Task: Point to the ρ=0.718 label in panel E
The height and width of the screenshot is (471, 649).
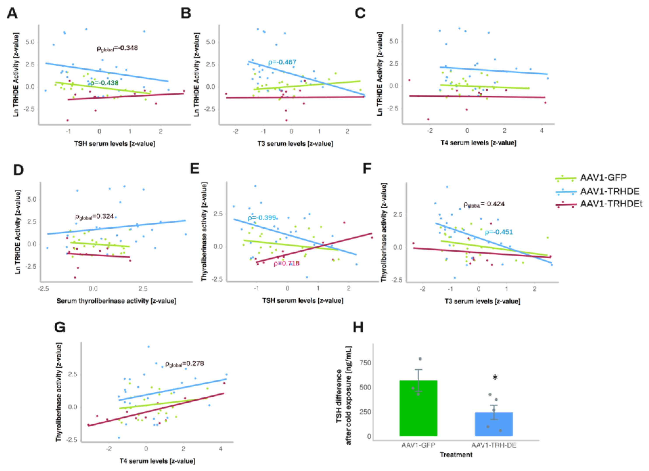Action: tap(287, 263)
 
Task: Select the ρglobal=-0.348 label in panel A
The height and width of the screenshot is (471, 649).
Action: tap(117, 48)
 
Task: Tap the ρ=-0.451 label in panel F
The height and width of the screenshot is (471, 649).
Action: tap(499, 232)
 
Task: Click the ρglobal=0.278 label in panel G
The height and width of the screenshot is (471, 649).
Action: tap(185, 364)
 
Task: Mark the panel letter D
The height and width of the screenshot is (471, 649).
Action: tap(19, 170)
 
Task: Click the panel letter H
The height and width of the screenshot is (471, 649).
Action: tap(358, 327)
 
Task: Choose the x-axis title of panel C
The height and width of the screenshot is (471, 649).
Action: tap(478, 143)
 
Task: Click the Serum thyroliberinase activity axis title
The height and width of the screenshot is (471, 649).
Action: tap(116, 301)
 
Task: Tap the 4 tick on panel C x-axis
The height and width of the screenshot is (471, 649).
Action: tap(542, 131)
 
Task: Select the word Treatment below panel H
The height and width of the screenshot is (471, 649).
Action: tap(456, 455)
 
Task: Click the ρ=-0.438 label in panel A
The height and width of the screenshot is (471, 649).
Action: tap(104, 83)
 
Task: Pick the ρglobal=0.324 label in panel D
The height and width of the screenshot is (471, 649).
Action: tap(94, 217)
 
